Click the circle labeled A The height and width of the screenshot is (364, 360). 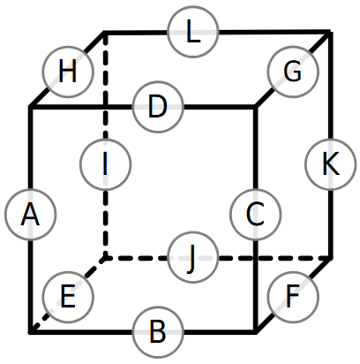click(x=30, y=214)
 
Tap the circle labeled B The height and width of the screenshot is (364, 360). click(x=158, y=332)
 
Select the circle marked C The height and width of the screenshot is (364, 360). click(x=256, y=215)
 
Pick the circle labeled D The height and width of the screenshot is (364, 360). click(x=158, y=107)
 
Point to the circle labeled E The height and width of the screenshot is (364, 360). click(x=68, y=297)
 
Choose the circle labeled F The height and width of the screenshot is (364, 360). click(x=293, y=297)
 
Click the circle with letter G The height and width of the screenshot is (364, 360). click(x=293, y=72)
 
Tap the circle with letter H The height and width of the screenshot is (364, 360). click(x=68, y=72)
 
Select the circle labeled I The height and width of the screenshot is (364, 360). click(x=106, y=164)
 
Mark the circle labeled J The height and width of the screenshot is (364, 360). click(x=193, y=257)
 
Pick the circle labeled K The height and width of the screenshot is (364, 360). click(x=331, y=164)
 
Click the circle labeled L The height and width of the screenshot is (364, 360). click(x=193, y=32)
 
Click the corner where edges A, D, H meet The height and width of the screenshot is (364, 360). click(x=30, y=107)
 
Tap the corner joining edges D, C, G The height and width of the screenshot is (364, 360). click(x=256, y=107)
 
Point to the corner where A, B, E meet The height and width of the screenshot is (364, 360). click(x=30, y=332)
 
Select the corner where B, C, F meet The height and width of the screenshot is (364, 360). click(x=256, y=332)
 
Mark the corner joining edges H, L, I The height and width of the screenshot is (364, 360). click(x=106, y=32)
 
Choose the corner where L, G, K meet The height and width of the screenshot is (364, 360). click(x=331, y=32)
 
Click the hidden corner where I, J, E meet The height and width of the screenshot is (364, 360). click(x=106, y=258)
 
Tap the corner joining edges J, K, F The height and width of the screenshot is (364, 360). click(x=331, y=258)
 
